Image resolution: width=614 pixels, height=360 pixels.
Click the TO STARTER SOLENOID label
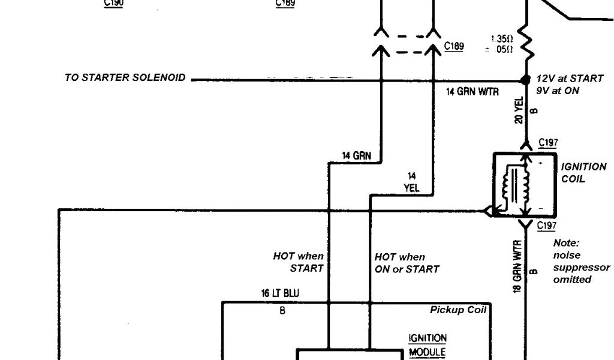coord(125,78)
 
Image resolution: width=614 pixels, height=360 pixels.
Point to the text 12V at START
coord(570,79)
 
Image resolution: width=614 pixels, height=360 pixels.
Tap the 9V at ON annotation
coord(558,91)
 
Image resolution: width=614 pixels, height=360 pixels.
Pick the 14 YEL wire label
coord(411,182)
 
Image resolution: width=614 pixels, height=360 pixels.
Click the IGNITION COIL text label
coord(583,173)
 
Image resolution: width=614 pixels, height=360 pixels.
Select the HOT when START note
coord(299,262)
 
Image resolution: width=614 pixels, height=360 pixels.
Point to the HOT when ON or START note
coord(407,263)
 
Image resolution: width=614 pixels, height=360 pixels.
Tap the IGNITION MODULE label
coord(427,346)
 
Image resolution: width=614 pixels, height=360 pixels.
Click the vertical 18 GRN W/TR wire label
coord(517,265)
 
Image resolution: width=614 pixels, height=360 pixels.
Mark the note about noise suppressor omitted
coord(581,262)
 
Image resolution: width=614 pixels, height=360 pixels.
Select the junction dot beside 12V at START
coord(526,80)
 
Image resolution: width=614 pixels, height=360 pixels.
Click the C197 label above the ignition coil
coord(548,143)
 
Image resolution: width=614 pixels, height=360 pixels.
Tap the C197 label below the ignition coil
coord(546,226)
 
